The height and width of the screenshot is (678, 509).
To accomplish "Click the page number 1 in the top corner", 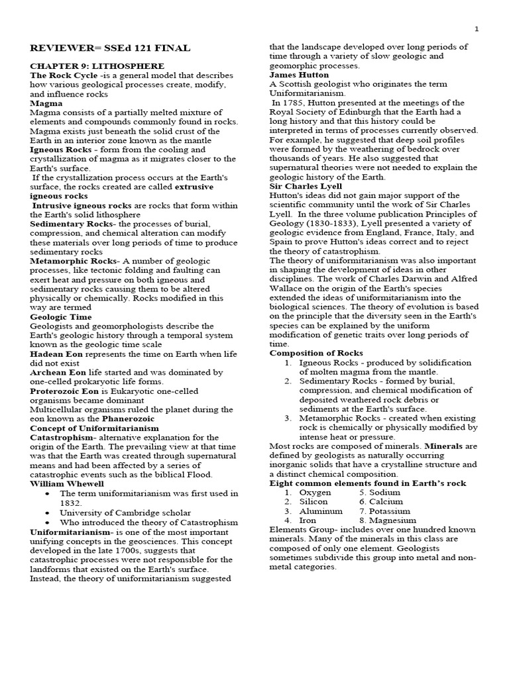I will click(477, 28).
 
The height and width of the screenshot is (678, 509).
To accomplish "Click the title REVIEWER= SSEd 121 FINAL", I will click(110, 48).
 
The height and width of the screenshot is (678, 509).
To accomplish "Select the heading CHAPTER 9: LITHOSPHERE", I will click(97, 66).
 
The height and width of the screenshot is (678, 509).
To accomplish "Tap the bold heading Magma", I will click(46, 103).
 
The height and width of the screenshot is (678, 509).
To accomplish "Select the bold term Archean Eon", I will click(60, 373).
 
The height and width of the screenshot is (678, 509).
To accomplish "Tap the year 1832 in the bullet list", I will click(71, 503).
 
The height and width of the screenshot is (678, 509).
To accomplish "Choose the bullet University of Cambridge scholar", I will click(125, 512).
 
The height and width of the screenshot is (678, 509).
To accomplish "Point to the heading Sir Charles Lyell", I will click(306, 187).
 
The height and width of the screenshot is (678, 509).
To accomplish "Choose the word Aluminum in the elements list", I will click(321, 511).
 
